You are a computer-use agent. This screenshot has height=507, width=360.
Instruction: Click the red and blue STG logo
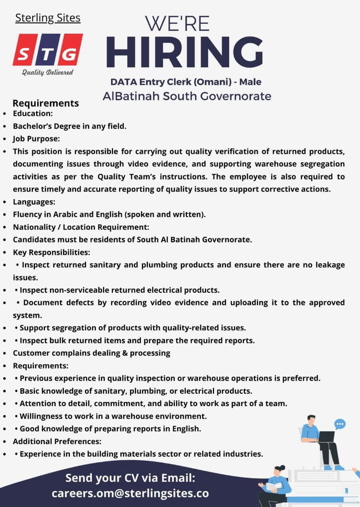pos(48,50)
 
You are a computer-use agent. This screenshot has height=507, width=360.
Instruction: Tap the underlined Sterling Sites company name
pos(48,18)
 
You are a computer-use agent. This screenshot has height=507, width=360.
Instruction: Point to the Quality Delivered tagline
pos(48,72)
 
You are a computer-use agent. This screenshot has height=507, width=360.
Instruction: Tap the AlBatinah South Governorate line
pos(187,96)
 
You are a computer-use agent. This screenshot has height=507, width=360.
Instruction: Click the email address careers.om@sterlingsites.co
pos(130,494)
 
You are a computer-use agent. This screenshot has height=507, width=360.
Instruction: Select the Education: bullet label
pos(33,114)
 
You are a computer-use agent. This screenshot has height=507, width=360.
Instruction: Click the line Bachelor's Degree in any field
pos(69,126)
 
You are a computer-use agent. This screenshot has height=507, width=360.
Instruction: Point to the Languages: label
pos(34,202)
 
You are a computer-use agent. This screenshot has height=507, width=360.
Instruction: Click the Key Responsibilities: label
pos(52,252)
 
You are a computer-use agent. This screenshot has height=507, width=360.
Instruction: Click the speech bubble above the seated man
pos(340,425)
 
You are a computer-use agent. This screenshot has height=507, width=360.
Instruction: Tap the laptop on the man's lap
pos(326,436)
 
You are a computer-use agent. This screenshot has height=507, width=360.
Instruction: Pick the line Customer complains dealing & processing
pos(92,353)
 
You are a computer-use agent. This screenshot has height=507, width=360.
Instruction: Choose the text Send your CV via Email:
pos(130,478)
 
